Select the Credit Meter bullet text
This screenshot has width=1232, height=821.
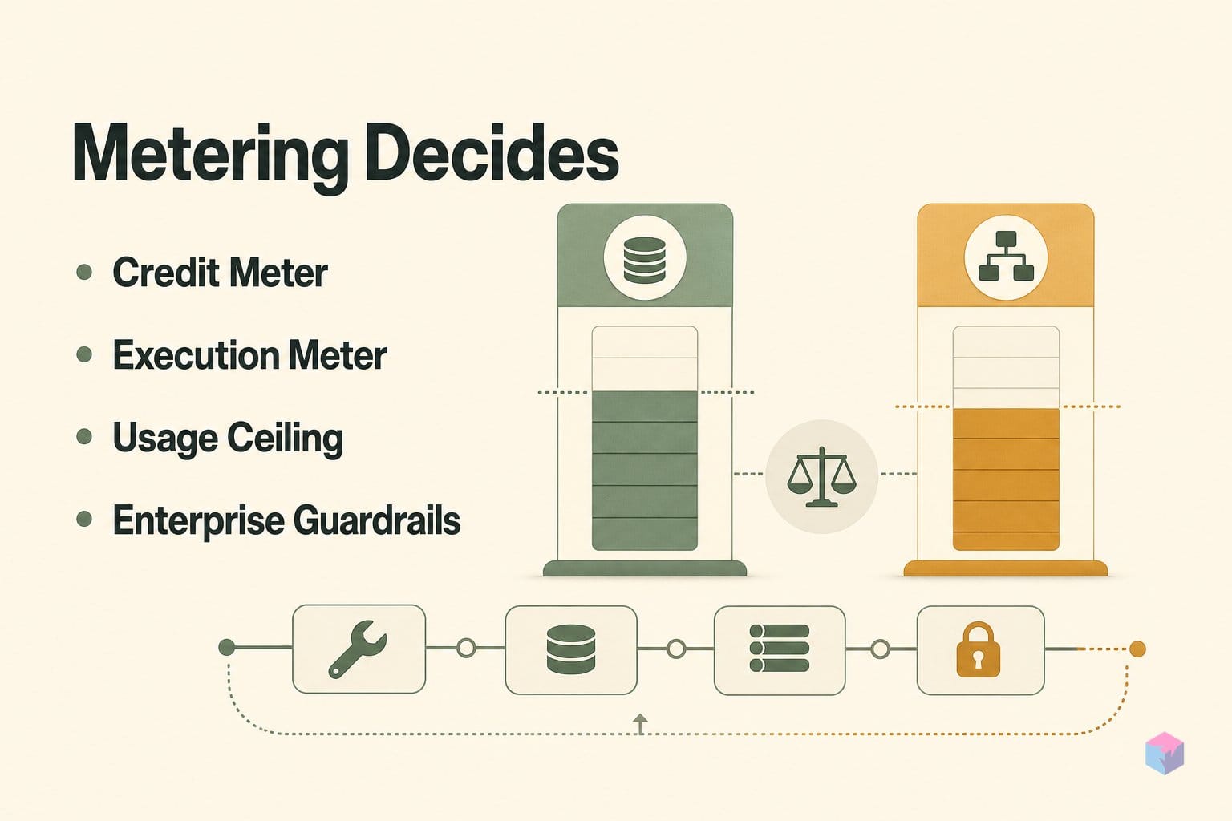220,273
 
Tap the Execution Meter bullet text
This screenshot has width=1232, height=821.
249,354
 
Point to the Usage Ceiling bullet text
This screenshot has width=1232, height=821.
228,439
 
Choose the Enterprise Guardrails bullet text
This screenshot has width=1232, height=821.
286,520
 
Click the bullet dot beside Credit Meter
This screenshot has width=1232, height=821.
84,272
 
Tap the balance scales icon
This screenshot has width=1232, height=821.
821,476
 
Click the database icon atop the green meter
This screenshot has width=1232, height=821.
645,260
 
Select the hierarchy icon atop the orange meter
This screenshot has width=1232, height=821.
1006,257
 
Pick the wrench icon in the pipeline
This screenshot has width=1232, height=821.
358,649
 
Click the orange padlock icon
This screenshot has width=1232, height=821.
979,649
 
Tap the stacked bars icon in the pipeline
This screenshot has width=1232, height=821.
780,648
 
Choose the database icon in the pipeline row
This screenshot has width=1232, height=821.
571,649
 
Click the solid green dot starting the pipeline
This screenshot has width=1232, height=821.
227,647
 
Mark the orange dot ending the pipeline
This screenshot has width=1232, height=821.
1137,649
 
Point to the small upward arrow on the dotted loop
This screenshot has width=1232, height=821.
639,724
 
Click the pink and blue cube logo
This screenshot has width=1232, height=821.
1165,753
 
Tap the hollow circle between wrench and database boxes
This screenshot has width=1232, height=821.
466,649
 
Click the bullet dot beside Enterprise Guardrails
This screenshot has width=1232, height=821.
84,519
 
